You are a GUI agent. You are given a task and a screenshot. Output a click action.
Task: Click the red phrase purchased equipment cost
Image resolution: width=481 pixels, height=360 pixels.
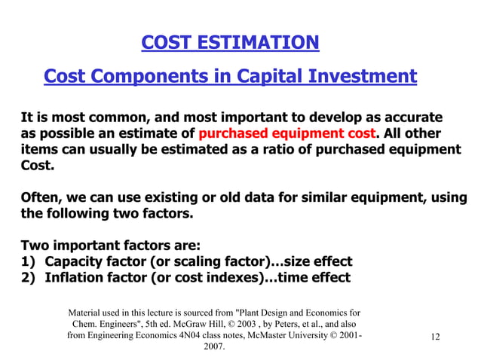[286, 134]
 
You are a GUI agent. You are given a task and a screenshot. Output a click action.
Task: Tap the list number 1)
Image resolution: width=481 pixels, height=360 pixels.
[29, 261]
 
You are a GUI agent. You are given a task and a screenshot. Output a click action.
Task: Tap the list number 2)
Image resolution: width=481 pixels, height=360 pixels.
[29, 277]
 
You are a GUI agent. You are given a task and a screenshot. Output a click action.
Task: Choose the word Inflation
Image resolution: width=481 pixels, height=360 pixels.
[76, 277]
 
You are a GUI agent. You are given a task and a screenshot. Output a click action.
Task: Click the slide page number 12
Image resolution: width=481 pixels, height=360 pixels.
[435, 337]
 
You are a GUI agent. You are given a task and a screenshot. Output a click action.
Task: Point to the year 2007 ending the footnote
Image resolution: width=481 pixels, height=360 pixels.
[215, 348]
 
